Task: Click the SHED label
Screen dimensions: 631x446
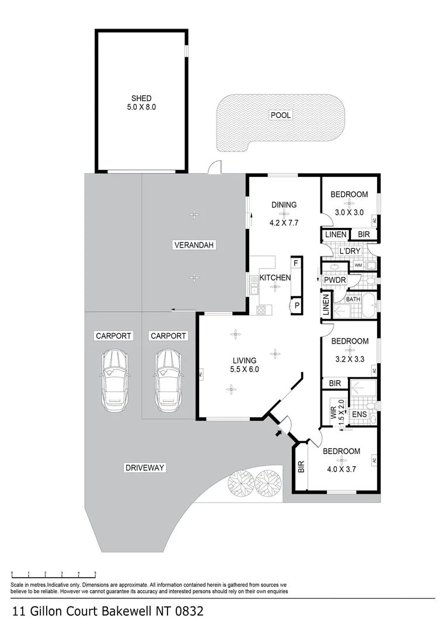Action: [141, 98]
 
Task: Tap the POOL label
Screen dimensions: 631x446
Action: [280, 115]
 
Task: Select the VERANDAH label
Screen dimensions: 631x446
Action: [194, 245]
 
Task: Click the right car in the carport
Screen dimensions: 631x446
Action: [168, 380]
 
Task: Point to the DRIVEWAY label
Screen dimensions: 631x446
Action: [145, 467]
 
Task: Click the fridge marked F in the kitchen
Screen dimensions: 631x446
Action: [296, 263]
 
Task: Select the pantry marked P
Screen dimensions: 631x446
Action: [297, 306]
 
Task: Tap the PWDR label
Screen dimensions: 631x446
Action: [335, 281]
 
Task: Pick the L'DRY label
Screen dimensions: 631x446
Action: [350, 251]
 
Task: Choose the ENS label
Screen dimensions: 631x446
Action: [359, 415]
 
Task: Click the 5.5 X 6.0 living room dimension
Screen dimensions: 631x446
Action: [244, 369]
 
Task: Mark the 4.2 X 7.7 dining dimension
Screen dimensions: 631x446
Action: [284, 223]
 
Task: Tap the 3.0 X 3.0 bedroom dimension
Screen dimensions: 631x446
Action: [349, 213]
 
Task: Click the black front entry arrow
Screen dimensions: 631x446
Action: [277, 433]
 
